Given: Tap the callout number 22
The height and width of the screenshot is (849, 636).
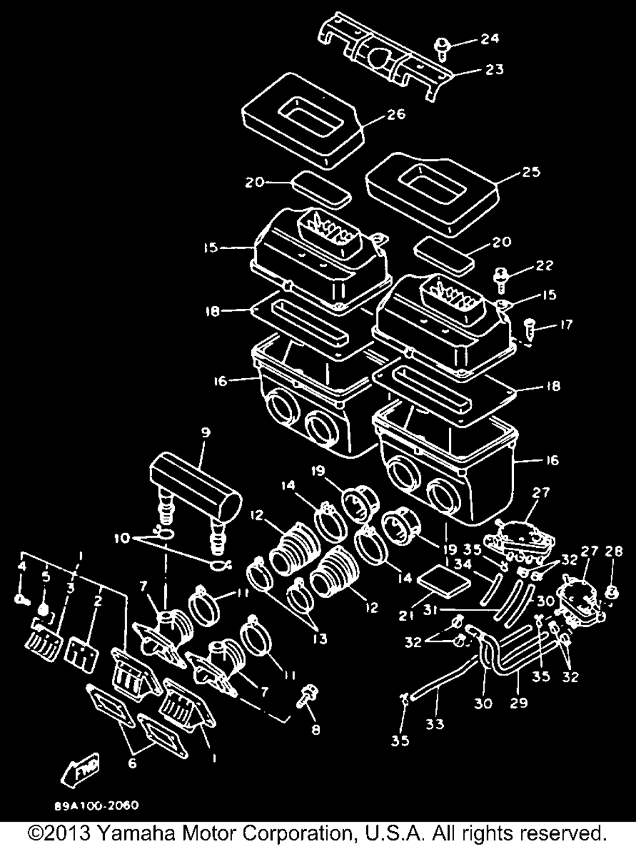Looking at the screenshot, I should click(544, 265).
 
